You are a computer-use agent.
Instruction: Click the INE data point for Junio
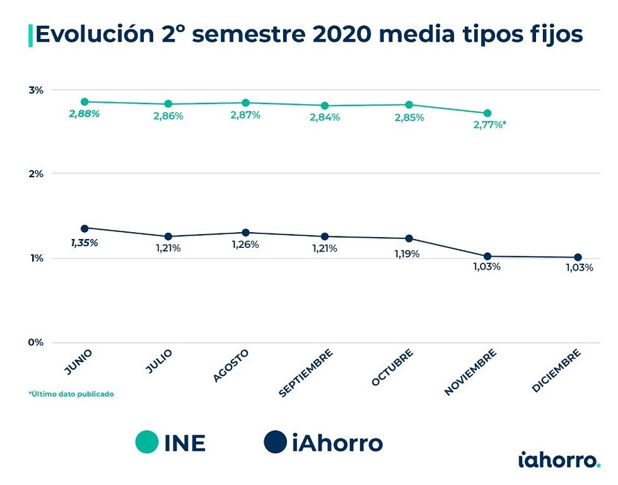tap(85, 102)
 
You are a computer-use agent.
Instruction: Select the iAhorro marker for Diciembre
tap(578, 257)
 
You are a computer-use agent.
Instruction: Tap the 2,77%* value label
tap(489, 124)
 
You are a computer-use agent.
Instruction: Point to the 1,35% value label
tap(84, 242)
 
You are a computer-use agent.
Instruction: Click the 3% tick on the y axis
tap(36, 90)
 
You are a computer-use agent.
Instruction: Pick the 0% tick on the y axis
tap(36, 342)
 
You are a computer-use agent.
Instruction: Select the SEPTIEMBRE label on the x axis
tap(306, 373)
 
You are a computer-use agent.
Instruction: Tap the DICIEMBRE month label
tap(555, 371)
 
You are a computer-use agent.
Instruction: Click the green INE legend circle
tap(147, 442)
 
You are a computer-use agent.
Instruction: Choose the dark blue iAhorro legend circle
tap(276, 442)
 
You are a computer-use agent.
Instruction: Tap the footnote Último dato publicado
tap(71, 394)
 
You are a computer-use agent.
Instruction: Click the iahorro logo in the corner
tap(559, 460)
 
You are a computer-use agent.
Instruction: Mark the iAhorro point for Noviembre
tap(487, 256)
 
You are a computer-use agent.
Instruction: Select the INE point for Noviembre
tap(487, 113)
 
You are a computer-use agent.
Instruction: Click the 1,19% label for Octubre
tap(407, 254)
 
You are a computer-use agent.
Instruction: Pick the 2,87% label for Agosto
tap(245, 115)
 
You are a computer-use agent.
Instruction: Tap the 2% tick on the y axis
tap(36, 173)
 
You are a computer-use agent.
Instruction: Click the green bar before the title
tap(30, 35)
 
